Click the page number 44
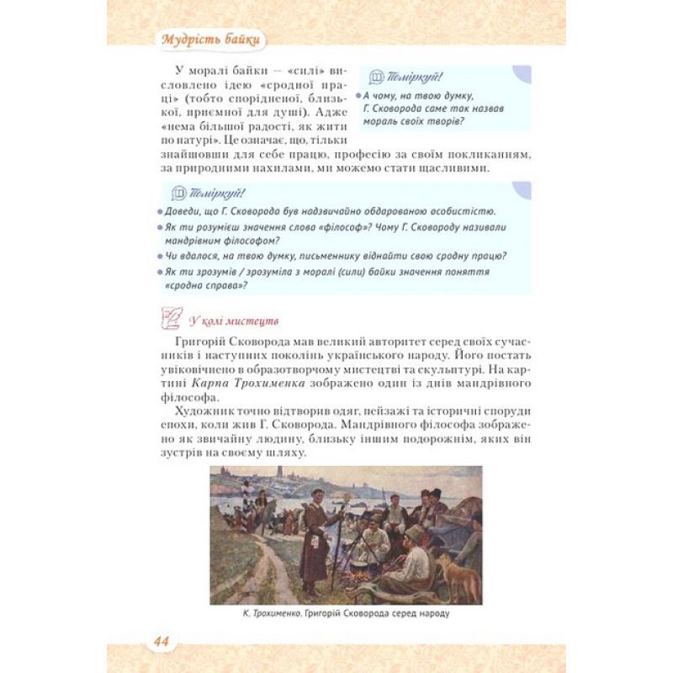coord(161,641)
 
